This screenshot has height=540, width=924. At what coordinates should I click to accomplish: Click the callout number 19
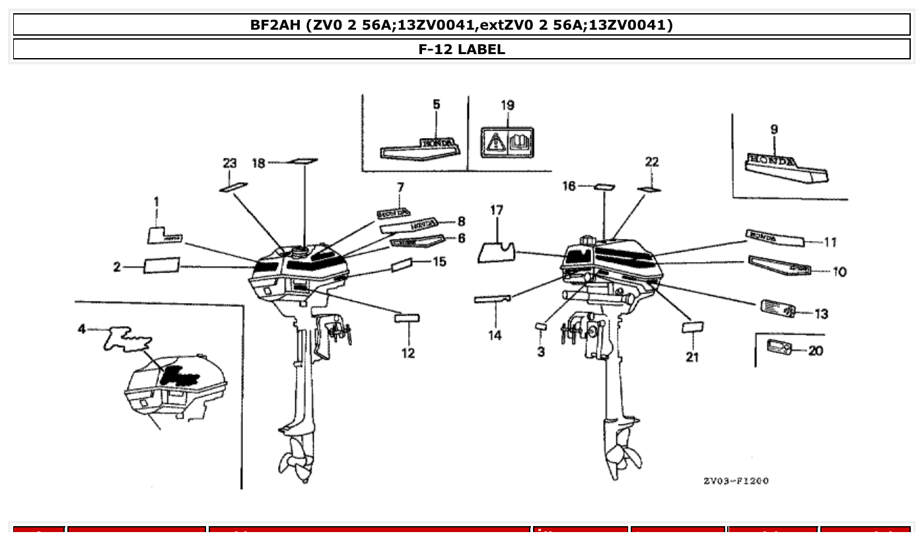tap(507, 105)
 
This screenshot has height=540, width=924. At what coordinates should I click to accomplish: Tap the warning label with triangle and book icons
tap(507, 142)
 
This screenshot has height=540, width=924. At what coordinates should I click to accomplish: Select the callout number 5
tap(437, 104)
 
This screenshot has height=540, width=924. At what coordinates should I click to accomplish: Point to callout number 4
tap(82, 328)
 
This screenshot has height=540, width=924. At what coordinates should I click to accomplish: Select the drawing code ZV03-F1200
tap(736, 481)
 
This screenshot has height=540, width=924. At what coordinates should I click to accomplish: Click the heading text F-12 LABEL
tap(462, 49)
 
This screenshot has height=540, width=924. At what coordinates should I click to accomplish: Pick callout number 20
tap(816, 351)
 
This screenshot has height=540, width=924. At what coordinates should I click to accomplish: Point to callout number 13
tap(821, 314)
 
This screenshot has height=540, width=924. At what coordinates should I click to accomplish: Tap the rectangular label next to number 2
tap(162, 265)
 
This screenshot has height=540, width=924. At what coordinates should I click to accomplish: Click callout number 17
tap(497, 210)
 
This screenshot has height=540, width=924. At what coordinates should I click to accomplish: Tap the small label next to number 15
tap(402, 265)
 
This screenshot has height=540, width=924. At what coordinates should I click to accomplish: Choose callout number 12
tap(408, 353)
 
